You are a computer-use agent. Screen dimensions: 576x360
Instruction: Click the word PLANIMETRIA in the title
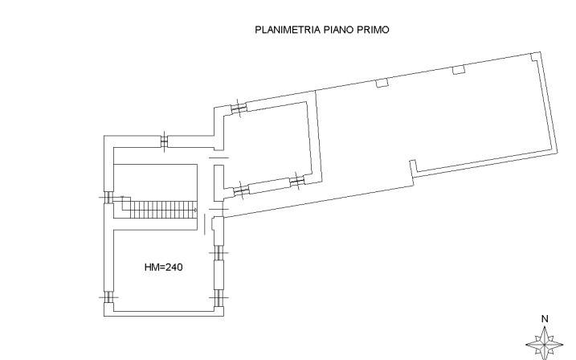click(x=288, y=30)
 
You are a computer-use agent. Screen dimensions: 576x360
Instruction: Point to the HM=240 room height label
click(x=163, y=267)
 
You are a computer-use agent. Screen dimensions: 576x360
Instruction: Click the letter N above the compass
click(x=545, y=319)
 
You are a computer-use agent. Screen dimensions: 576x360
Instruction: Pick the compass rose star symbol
click(x=545, y=344)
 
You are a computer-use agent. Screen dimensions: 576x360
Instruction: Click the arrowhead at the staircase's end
click(x=195, y=210)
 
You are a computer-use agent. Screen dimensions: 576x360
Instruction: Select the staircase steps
click(x=164, y=210)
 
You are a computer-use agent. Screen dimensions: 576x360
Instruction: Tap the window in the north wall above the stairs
click(x=164, y=141)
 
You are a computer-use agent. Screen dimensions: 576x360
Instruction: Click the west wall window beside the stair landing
click(x=108, y=198)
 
